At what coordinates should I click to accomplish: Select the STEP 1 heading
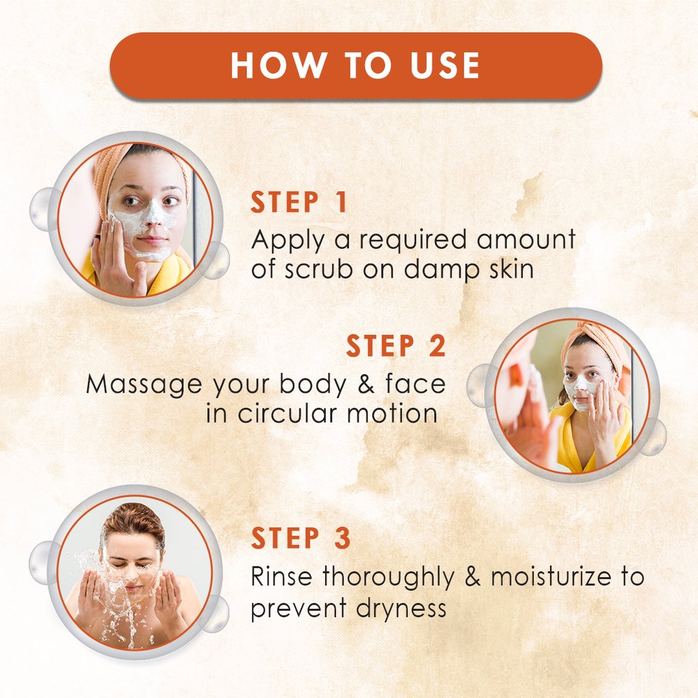click(299, 203)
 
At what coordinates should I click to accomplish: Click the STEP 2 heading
click(396, 346)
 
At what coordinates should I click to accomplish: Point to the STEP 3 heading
click(301, 538)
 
